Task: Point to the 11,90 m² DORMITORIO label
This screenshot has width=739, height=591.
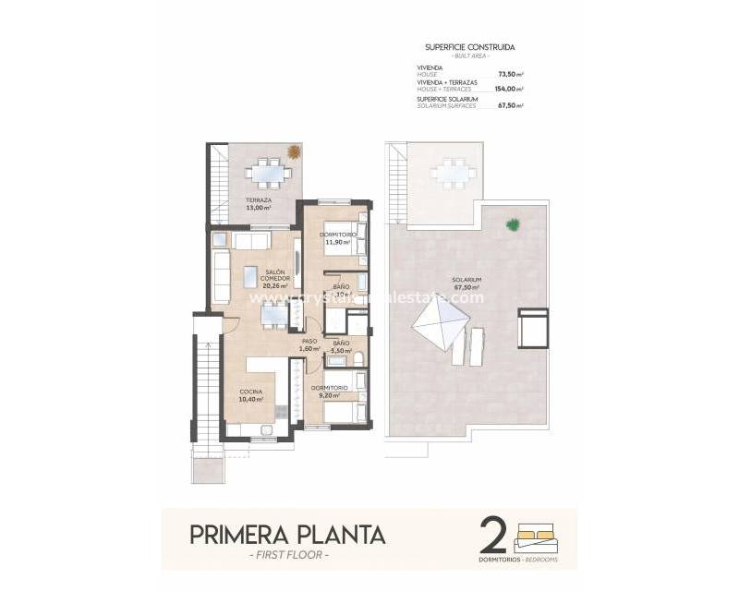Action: pyautogui.click(x=337, y=238)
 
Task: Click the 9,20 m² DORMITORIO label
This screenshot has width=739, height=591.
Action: pyautogui.click(x=329, y=392)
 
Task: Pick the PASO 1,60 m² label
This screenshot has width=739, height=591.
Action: pyautogui.click(x=309, y=344)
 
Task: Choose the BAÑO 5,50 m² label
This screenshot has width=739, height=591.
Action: pyautogui.click(x=341, y=347)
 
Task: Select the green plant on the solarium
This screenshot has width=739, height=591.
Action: pyautogui.click(x=513, y=223)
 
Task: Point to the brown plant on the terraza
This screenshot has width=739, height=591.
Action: pyautogui.click(x=294, y=152)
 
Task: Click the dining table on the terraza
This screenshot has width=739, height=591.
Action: pyautogui.click(x=270, y=172)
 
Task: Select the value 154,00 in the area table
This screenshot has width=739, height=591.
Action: pyautogui.click(x=508, y=89)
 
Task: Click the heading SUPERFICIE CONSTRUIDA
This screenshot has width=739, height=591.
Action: pyautogui.click(x=470, y=46)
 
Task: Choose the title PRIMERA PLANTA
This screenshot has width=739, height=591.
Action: pyautogui.click(x=287, y=535)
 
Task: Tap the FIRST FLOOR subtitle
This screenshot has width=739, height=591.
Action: pyautogui.click(x=287, y=555)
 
